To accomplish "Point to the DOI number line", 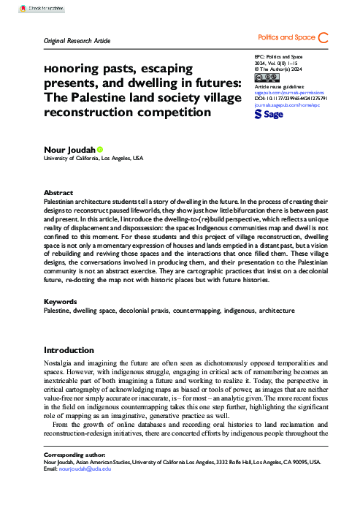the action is (x=291, y=100).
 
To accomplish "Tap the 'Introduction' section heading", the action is (x=69, y=350).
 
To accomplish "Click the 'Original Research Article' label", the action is (x=77, y=40).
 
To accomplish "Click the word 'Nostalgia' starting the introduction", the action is (x=59, y=363).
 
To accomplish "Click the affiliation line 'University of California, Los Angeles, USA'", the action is (x=93, y=158).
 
